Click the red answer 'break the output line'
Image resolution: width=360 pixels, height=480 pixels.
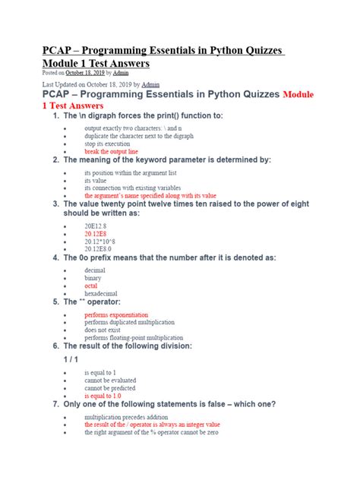click(111, 152)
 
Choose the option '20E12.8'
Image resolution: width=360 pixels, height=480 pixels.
click(96, 226)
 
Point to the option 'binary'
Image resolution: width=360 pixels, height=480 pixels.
click(95, 277)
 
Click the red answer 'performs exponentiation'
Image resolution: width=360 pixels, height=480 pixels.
click(116, 314)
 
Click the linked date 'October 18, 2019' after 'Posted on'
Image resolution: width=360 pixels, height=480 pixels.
click(84, 73)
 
